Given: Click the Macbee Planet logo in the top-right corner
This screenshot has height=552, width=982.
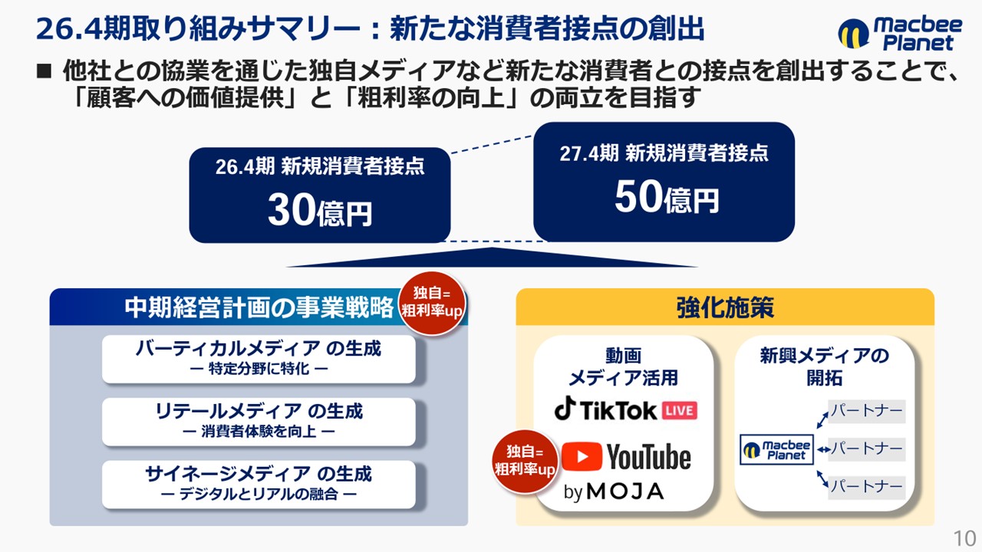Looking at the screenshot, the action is [x=900, y=34].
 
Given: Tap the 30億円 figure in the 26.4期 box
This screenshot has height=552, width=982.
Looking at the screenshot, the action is [x=320, y=210].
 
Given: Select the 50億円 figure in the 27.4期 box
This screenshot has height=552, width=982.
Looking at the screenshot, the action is [x=667, y=197].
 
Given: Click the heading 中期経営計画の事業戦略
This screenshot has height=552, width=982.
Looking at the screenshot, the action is [x=259, y=307].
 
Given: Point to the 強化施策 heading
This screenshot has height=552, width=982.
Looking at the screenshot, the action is [x=725, y=307].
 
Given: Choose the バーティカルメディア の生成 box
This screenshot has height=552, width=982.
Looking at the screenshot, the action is [x=259, y=360].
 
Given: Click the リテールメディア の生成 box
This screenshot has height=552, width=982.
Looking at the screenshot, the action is [x=259, y=422].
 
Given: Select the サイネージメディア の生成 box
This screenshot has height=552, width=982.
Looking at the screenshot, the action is [x=259, y=485].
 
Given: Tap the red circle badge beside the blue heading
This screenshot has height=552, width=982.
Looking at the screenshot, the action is [x=432, y=303].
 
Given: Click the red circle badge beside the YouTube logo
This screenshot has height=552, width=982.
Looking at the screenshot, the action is [x=525, y=462].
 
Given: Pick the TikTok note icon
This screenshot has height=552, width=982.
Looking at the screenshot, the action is [x=565, y=409].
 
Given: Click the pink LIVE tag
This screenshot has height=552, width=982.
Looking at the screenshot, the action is [x=680, y=410].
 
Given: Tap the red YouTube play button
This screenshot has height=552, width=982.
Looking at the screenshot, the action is [x=582, y=456].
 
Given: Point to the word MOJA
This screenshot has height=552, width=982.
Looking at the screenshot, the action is [x=625, y=491].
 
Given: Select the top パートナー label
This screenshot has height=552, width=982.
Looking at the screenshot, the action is [x=867, y=411].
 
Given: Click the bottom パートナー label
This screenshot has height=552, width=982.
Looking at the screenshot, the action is [x=867, y=487].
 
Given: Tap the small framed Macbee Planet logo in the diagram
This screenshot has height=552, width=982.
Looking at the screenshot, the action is [x=776, y=449].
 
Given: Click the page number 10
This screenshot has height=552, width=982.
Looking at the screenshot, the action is [x=964, y=538].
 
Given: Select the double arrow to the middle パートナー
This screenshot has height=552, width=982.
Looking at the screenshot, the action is [x=824, y=449].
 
